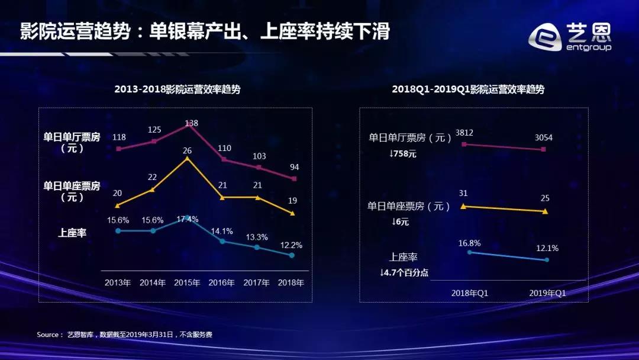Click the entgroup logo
[x=569, y=37]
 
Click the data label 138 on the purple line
[x=191, y=123]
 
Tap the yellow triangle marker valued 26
[x=188, y=158]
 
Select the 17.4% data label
[x=187, y=219]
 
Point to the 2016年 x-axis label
[x=222, y=282]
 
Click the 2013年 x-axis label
[x=118, y=282]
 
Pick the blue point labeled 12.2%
[x=292, y=255]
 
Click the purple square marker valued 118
[x=118, y=149]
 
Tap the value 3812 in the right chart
[x=465, y=133]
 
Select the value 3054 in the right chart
[x=543, y=138]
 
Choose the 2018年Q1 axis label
[x=470, y=292]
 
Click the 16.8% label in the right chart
[x=469, y=243]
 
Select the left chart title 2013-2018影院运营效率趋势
[x=177, y=89]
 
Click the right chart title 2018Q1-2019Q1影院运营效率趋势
[x=468, y=89]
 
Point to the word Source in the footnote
[x=48, y=335]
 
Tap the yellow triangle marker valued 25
[x=545, y=211]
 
